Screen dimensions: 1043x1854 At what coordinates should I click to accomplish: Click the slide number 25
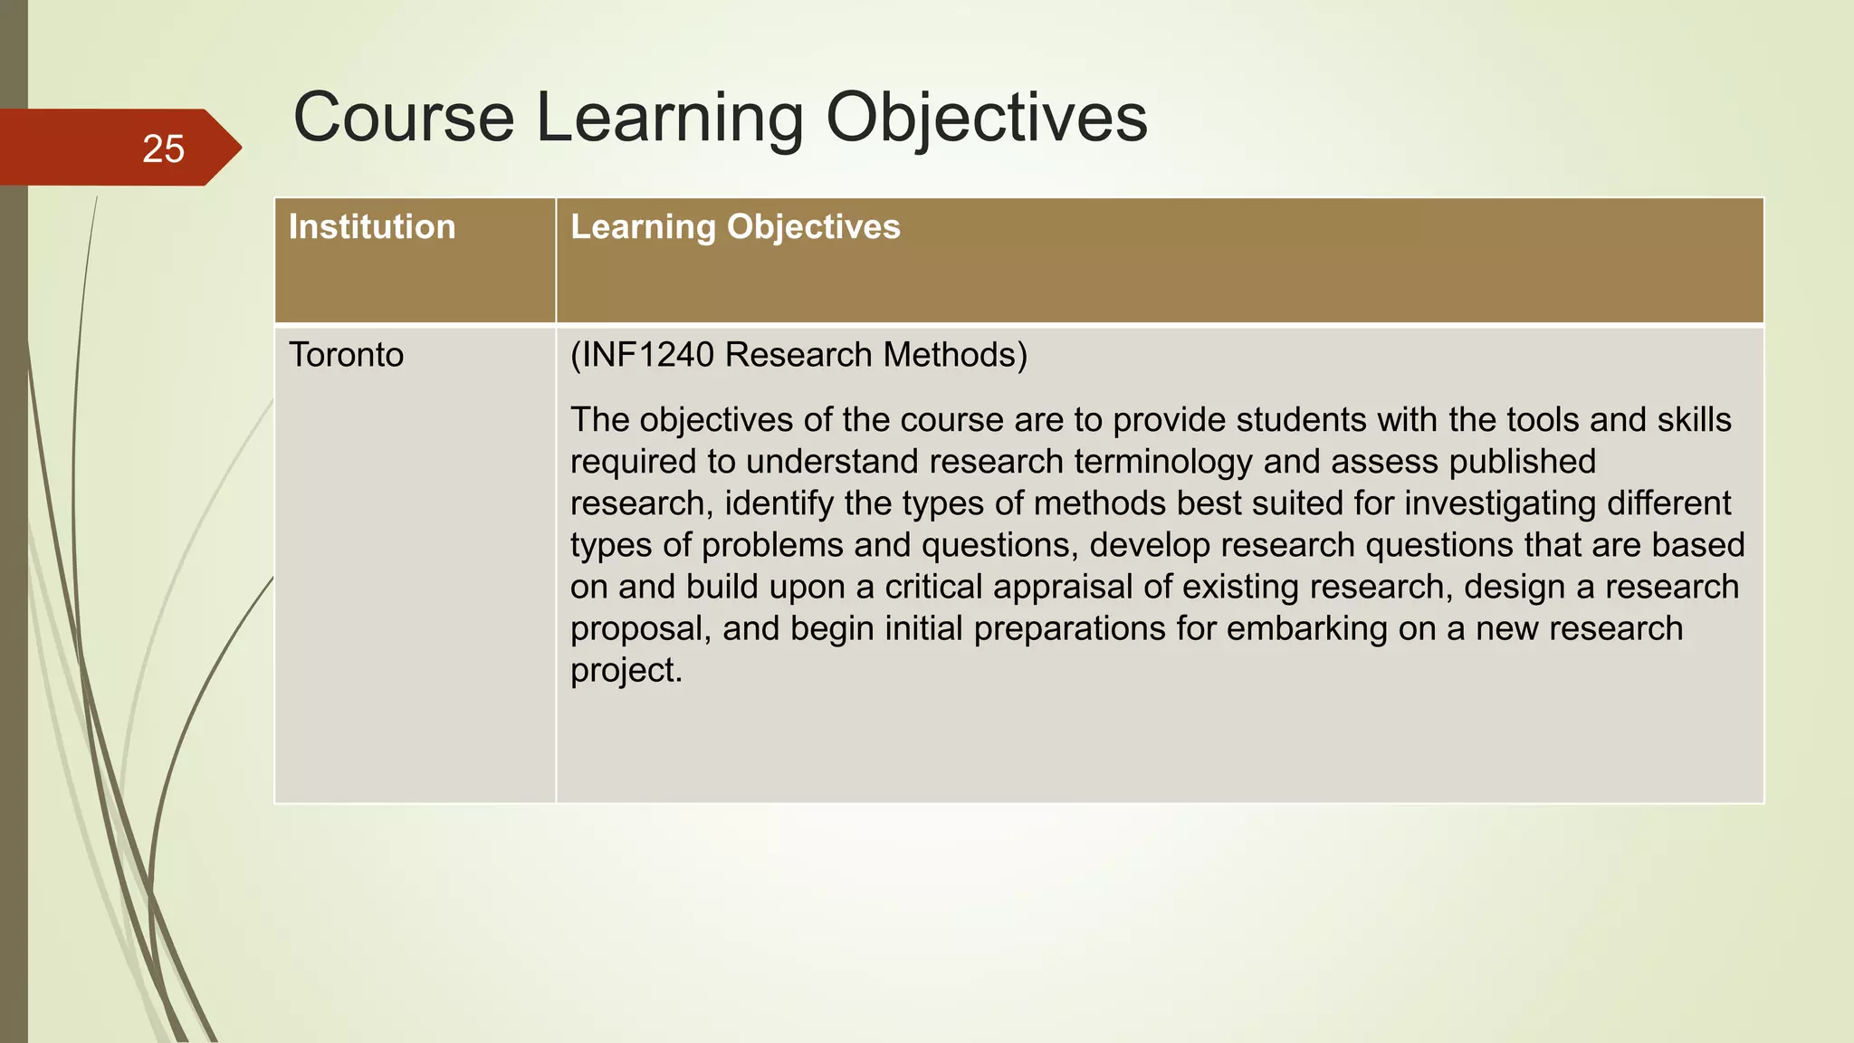(x=163, y=148)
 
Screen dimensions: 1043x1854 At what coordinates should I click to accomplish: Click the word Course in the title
(x=403, y=118)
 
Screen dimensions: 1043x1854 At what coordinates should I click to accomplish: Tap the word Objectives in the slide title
(x=986, y=120)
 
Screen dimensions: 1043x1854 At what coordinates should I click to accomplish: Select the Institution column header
(x=372, y=227)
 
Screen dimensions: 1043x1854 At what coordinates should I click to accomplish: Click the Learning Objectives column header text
(x=735, y=227)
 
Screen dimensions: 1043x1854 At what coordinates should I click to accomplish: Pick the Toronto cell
(x=346, y=355)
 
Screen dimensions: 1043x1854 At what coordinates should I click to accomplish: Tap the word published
(x=1522, y=462)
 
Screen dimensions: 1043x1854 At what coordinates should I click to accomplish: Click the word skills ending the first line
(x=1694, y=420)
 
